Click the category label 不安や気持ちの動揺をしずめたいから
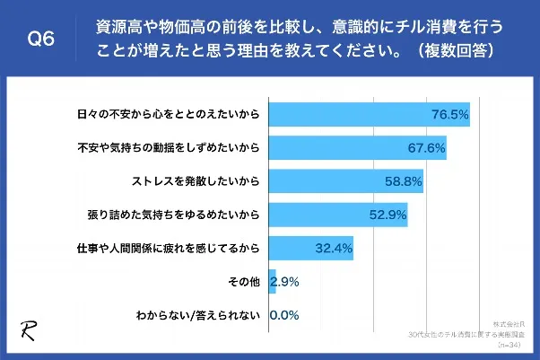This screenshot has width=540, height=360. coord(170,148)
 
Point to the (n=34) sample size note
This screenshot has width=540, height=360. coord(523,345)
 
